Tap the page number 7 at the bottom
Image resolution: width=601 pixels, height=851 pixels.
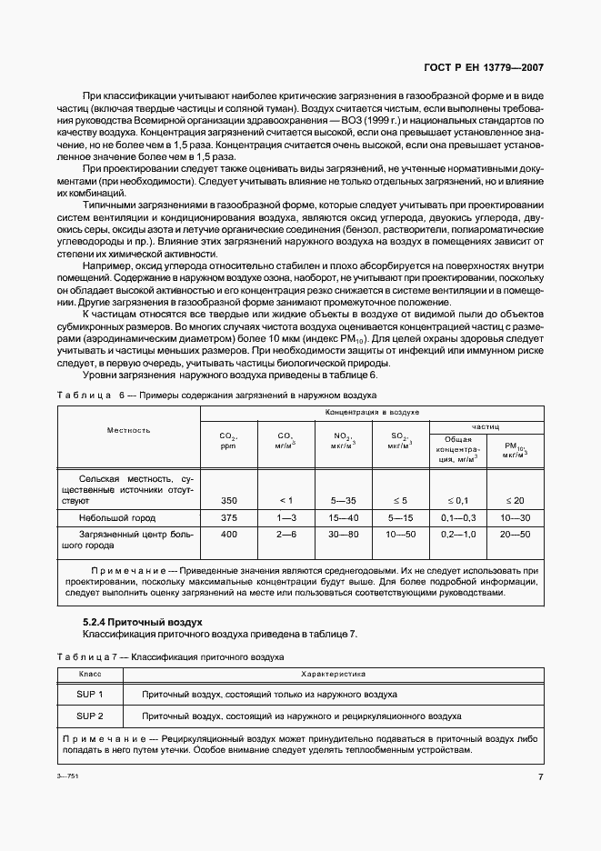tap(540, 776)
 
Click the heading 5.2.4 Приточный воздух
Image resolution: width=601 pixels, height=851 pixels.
tap(142, 622)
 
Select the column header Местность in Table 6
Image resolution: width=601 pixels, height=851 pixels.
tap(128, 430)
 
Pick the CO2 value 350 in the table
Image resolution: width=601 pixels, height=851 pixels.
tap(228, 500)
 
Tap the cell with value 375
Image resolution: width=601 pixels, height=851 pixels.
tap(228, 516)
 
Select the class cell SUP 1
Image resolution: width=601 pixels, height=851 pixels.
tap(90, 694)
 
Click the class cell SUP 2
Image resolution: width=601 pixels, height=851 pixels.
tap(90, 716)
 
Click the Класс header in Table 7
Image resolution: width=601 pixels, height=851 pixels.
tap(90, 675)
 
